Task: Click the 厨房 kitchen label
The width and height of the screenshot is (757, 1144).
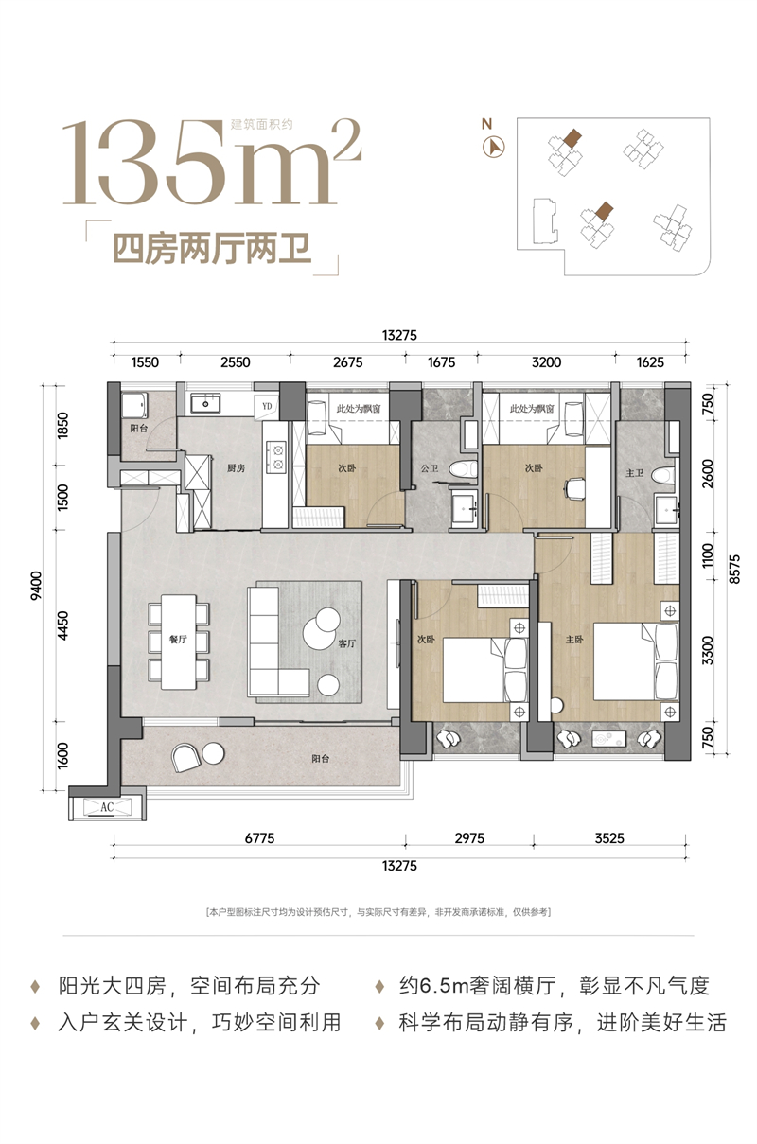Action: tap(236, 467)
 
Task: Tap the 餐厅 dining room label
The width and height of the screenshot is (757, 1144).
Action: tap(178, 639)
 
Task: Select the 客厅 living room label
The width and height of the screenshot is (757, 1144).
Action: tap(347, 643)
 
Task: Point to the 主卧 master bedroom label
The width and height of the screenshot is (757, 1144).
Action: tap(574, 639)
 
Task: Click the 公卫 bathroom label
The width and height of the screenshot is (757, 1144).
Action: tap(430, 467)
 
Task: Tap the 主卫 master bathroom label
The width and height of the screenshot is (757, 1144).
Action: tap(634, 473)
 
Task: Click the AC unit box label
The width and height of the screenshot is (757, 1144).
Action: tap(107, 807)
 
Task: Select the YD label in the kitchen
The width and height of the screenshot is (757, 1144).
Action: tap(267, 407)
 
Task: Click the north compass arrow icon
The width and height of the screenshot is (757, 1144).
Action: tap(493, 147)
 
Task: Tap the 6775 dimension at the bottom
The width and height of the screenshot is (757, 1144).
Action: tap(259, 838)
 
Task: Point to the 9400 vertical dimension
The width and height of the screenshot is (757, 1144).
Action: tap(37, 586)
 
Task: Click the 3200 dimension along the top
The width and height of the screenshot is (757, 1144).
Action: tap(546, 362)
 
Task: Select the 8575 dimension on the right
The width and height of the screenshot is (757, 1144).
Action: tap(734, 569)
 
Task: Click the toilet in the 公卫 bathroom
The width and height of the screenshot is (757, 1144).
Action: tap(464, 468)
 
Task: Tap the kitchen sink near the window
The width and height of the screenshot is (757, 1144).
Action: tap(205, 402)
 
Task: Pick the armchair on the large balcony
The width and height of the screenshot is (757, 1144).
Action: tap(185, 757)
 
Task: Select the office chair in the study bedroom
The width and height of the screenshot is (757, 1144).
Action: tap(575, 488)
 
